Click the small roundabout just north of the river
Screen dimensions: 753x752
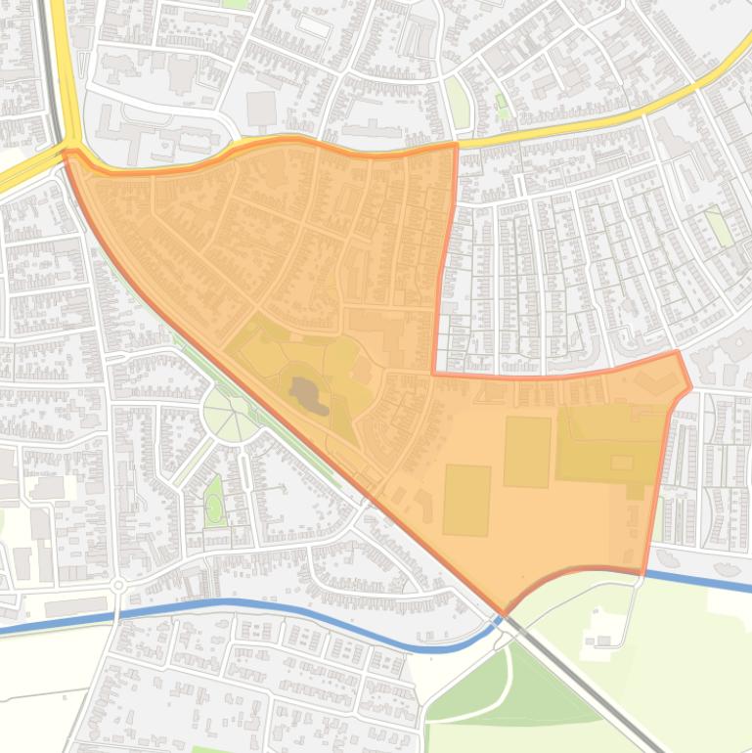[x=118, y=585]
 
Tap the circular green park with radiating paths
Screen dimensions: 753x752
[x=231, y=416]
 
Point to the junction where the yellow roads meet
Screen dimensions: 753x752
[x=68, y=147]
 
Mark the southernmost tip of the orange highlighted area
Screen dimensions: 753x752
[x=505, y=613]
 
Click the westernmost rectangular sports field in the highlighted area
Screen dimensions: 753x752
[x=466, y=500]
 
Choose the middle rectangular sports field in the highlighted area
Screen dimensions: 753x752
[x=527, y=451]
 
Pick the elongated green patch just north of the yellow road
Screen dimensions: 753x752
[x=458, y=103]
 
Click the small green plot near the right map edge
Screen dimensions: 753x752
[x=720, y=228]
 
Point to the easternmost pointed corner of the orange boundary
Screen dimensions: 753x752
[x=690, y=387]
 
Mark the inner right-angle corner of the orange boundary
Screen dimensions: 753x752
[x=434, y=373]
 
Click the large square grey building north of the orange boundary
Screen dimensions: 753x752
[x=261, y=108]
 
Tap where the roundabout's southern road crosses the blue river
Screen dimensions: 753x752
[x=116, y=614]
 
